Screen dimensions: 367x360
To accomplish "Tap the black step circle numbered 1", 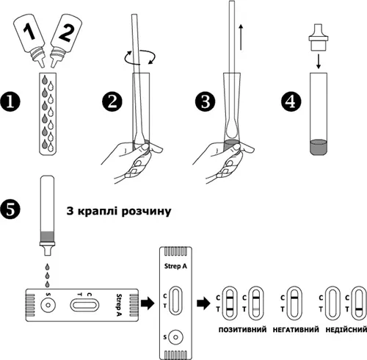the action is pos(10,101).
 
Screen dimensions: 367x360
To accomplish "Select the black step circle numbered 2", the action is pos(112,101).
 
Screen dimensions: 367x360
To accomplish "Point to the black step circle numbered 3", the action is pos(205,101).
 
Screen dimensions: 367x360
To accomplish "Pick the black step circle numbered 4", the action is pos(291,101).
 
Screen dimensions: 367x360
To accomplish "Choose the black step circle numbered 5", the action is pos(10,209).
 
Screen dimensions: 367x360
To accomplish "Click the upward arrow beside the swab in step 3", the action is pos(241,37).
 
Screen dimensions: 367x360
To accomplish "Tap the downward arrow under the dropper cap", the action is pos(318,62).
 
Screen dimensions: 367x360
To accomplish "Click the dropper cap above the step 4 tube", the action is pos(318,37).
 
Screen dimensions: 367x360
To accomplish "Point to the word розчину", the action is pos(146,211).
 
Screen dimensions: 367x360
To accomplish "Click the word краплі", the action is pos(98,211).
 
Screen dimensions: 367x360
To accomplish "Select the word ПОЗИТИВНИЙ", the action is pos(242,329).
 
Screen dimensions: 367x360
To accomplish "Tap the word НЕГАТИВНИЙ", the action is pos(296,329).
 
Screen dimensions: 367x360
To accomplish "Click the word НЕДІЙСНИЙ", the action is pos(346,329).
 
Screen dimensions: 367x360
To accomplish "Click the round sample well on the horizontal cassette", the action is pos(48,305).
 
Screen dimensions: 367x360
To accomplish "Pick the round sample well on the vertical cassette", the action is pos(175,337).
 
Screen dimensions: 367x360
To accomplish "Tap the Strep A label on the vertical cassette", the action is pos(175,266).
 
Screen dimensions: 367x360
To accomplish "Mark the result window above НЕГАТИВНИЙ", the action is pos(294,303).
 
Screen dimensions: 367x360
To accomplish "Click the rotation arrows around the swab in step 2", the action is pos(140,57).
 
